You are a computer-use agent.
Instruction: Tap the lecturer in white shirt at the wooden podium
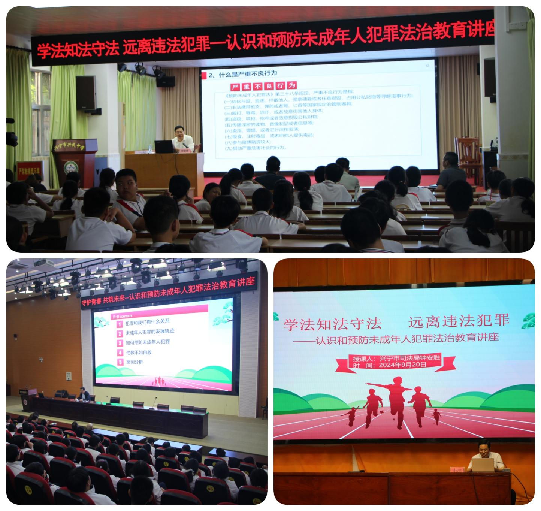click(x=182, y=139)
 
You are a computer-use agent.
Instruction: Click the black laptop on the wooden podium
click(x=164, y=146)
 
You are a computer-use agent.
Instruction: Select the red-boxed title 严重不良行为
click(x=264, y=86)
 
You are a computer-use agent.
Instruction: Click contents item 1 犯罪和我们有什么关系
click(x=147, y=321)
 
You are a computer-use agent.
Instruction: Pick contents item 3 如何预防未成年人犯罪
click(x=148, y=342)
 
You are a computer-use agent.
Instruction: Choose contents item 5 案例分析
click(x=134, y=362)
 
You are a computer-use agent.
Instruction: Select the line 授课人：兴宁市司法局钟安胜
click(x=396, y=358)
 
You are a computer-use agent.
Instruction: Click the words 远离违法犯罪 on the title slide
click(x=459, y=321)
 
